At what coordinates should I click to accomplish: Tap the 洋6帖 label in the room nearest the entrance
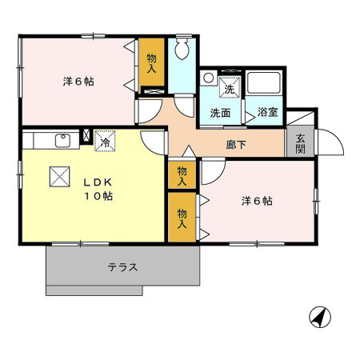click(257, 201)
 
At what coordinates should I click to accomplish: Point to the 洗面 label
click(220, 113)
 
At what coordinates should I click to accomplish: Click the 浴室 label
click(267, 112)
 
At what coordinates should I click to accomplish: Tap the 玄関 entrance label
click(299, 142)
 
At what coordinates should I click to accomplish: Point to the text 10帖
click(97, 195)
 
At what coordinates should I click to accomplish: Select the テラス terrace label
click(122, 267)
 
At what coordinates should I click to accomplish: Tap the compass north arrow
click(320, 317)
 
